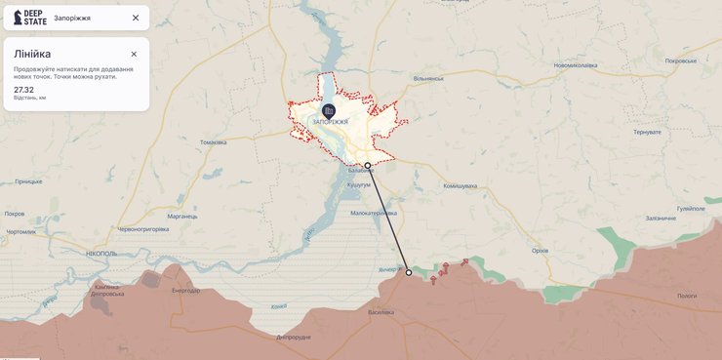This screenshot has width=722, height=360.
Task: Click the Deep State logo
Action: click(x=30, y=18)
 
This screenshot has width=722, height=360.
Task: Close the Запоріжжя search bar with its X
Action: click(x=136, y=18)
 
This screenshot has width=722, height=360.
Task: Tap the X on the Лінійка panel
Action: click(x=134, y=54)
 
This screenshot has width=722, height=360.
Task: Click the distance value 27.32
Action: click(x=24, y=89)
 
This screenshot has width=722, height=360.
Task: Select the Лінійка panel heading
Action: click(x=32, y=54)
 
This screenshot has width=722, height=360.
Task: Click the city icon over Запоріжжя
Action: click(x=329, y=110)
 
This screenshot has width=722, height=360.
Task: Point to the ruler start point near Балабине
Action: click(x=368, y=166)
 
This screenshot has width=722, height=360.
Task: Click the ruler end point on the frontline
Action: click(x=409, y=273)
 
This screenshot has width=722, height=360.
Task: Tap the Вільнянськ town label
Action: click(x=427, y=78)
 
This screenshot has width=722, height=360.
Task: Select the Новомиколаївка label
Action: click(x=576, y=65)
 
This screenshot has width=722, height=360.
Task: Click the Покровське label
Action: click(x=681, y=60)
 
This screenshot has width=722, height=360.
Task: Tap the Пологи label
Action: click(x=687, y=295)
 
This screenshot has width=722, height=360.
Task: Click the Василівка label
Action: click(x=381, y=312)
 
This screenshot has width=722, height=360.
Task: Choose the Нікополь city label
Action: click(x=100, y=253)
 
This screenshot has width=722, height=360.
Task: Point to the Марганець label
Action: click(x=182, y=216)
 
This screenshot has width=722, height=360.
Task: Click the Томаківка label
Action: click(x=213, y=142)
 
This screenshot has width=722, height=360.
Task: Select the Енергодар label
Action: click(x=185, y=290)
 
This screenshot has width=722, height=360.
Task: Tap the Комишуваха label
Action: click(x=460, y=185)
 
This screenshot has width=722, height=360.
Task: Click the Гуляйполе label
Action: click(x=691, y=208)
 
